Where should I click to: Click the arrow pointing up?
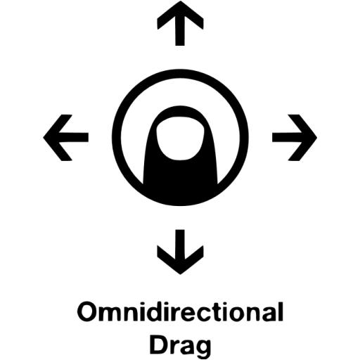[x=180, y=23]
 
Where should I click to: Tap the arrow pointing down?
[x=180, y=252]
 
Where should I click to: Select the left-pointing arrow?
[x=66, y=138]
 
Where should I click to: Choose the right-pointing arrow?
[x=295, y=138]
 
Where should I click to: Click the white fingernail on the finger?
[x=180, y=139]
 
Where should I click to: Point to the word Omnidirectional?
[x=180, y=312]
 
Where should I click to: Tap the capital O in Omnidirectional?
[x=87, y=312]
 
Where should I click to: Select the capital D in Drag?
[x=159, y=345]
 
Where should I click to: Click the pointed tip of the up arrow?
[x=180, y=1]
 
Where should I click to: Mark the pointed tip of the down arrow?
[x=180, y=274]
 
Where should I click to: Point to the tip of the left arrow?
[x=44, y=138]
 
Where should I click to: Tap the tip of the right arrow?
[x=317, y=138]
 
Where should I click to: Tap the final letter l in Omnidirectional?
[x=281, y=311]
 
